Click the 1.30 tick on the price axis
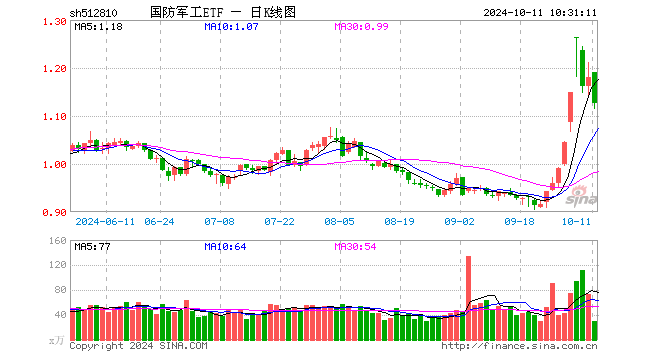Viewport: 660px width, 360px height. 55,21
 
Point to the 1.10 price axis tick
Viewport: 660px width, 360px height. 55,117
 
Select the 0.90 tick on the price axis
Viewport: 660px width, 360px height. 55,213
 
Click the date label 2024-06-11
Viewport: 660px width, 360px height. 104,222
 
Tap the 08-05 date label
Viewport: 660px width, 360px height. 339,222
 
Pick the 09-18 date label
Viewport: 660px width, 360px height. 521,222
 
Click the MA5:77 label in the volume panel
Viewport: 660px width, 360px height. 91,247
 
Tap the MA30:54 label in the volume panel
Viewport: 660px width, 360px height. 354,247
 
